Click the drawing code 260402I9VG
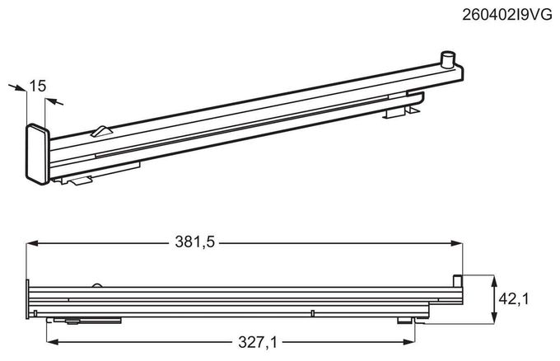tap(507, 15)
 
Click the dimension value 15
tap(38, 86)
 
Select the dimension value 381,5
tap(194, 242)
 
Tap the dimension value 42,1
tap(514, 299)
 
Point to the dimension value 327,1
tap(258, 343)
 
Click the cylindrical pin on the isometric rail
tap(448, 59)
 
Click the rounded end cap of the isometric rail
tap(38, 154)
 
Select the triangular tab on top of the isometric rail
tap(102, 131)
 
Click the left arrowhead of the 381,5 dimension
tap(32, 243)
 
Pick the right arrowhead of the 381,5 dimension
tap(456, 243)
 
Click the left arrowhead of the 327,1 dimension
tap(53, 342)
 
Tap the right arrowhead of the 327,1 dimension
tap(409, 342)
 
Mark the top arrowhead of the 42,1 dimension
tap(494, 281)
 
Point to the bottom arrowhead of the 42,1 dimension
tap(494, 318)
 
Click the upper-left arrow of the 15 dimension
tap(17, 87)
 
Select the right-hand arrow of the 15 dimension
tap(54, 102)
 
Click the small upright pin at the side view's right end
tap(457, 280)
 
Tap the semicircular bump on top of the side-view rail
tap(97, 285)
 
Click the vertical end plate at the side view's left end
tap(27, 299)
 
